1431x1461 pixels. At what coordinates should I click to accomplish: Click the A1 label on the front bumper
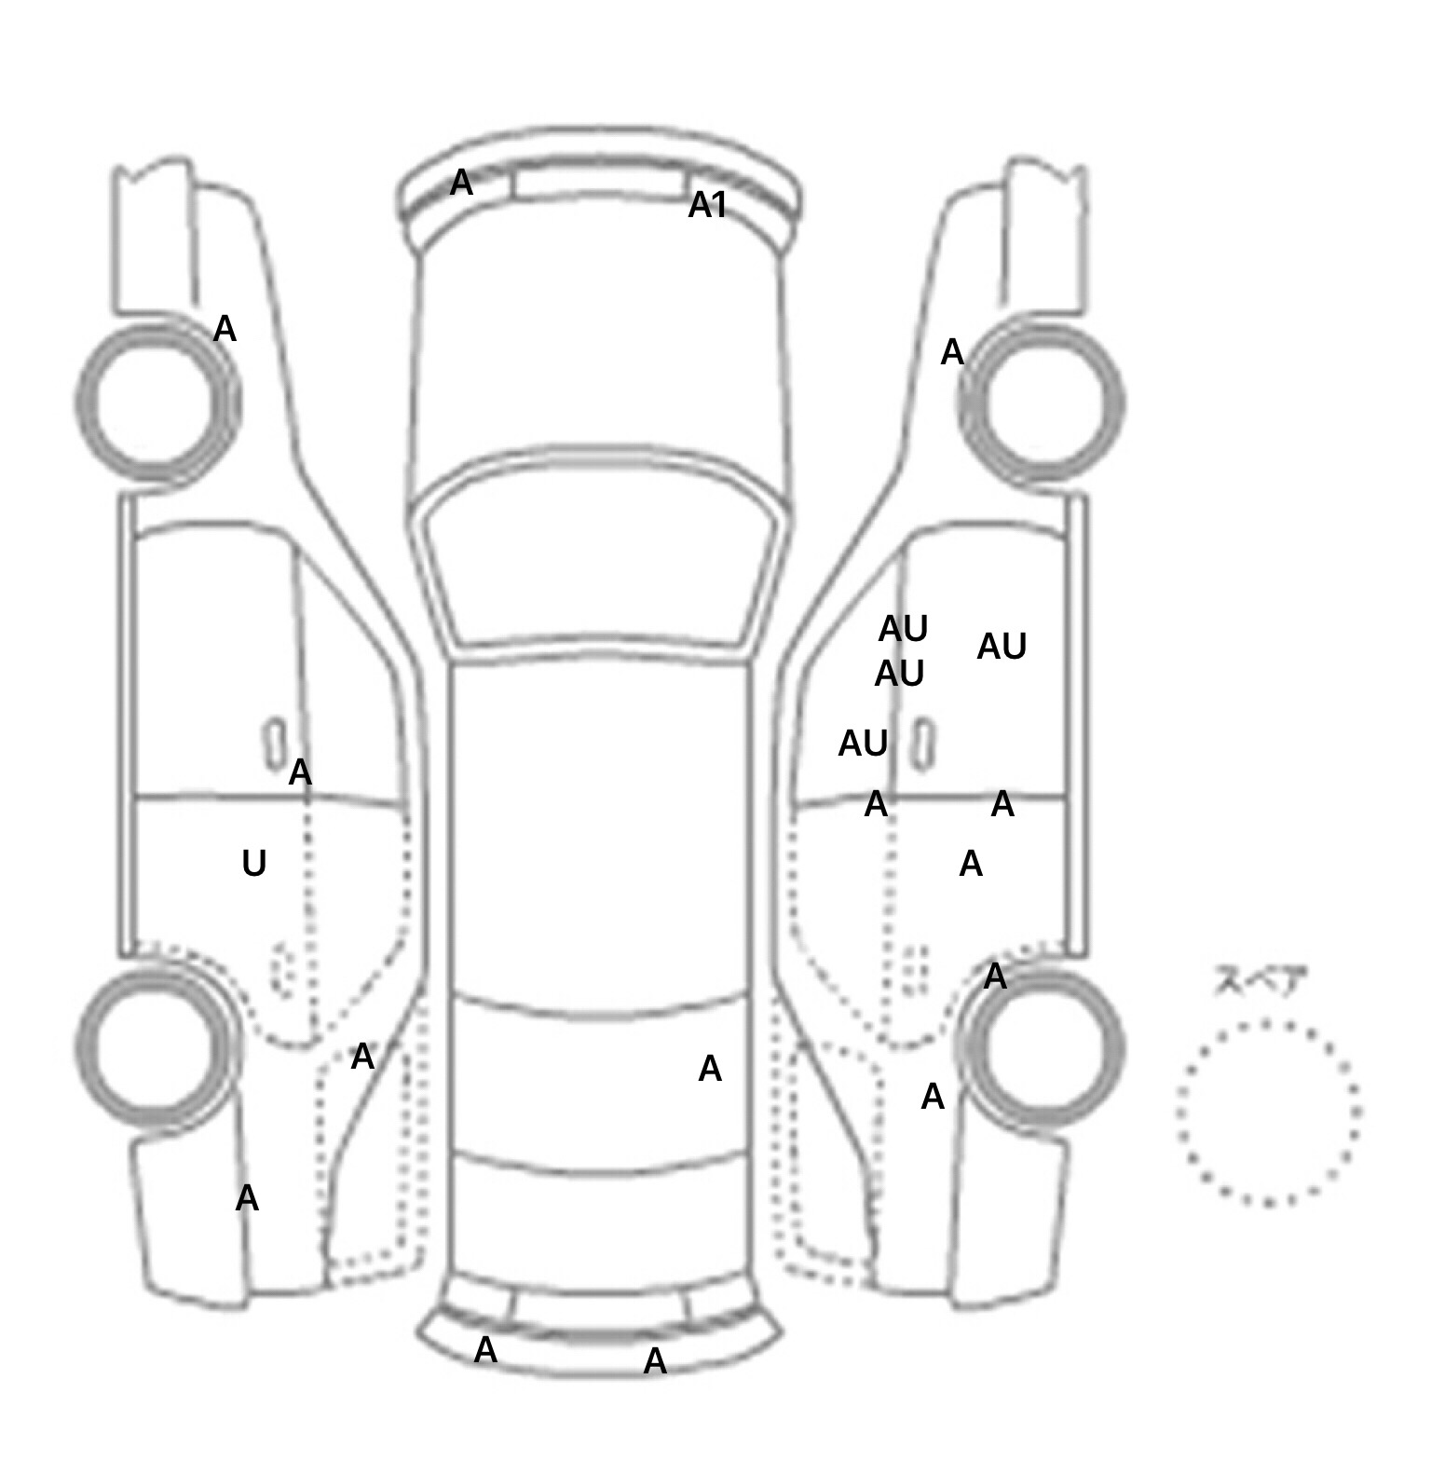[x=707, y=205]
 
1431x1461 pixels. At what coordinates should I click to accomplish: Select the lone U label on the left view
[x=253, y=864]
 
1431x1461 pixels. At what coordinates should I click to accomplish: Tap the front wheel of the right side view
[x=1042, y=403]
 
